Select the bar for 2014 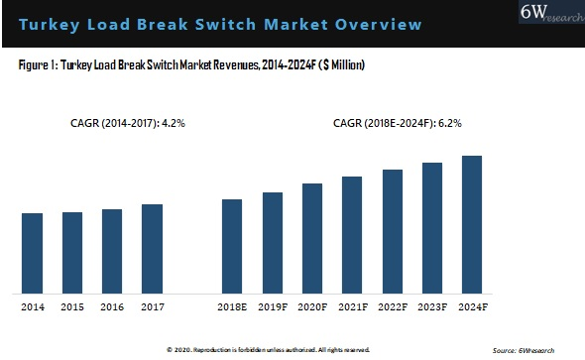(33, 253)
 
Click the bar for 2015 (72, 252)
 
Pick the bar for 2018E (232, 246)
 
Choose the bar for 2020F (312, 238)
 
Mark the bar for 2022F (393, 231)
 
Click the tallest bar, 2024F (472, 224)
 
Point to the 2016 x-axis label (112, 308)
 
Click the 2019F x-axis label (272, 308)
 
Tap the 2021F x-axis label (352, 308)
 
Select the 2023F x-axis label (432, 308)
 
